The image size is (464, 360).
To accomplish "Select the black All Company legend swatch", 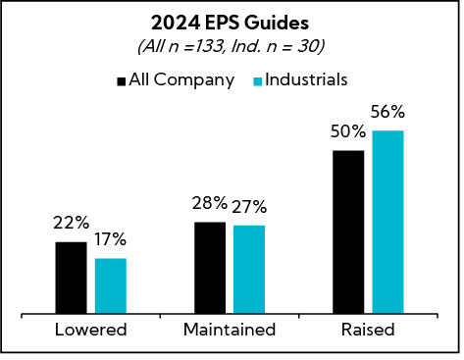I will [122, 80].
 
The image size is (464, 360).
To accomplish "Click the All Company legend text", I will [180, 79].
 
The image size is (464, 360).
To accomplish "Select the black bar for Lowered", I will [71, 278].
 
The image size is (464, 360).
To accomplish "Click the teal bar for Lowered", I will [111, 286].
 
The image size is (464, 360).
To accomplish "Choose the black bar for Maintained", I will [209, 268].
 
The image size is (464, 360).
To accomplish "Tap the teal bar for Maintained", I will [249, 270].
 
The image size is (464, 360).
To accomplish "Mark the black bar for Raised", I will [348, 232].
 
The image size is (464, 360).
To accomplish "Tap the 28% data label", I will [209, 203].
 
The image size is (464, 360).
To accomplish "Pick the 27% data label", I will [249, 207].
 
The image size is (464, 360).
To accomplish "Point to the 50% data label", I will [347, 132].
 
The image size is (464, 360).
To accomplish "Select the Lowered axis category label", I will [90, 330].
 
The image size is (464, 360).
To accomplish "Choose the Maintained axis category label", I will [230, 330].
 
